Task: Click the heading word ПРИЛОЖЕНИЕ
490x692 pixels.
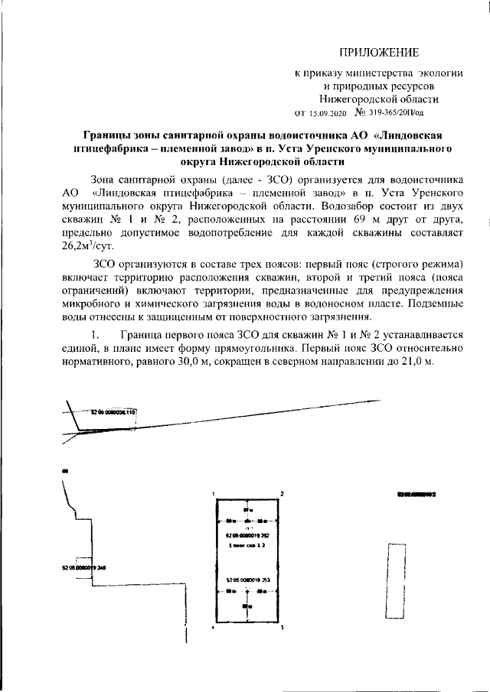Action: pos(380,53)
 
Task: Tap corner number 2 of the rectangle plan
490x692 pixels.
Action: pos(282,495)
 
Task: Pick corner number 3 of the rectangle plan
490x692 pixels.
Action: pos(282,627)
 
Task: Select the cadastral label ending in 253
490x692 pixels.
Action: pos(247,580)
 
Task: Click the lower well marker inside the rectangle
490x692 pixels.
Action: pos(247,592)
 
